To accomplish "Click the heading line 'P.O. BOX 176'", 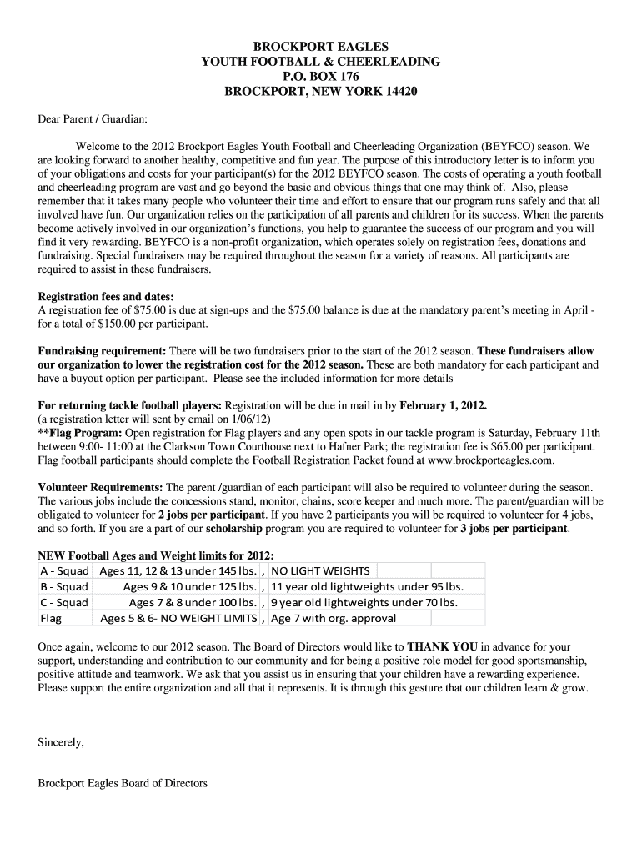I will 321,77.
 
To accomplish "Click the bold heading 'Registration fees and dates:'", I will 107,296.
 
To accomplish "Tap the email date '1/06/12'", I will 251,419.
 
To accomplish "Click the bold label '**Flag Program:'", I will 80,433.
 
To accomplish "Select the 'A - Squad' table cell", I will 64,570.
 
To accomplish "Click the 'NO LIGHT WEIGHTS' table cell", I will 321,570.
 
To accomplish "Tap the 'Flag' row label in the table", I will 51,618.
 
